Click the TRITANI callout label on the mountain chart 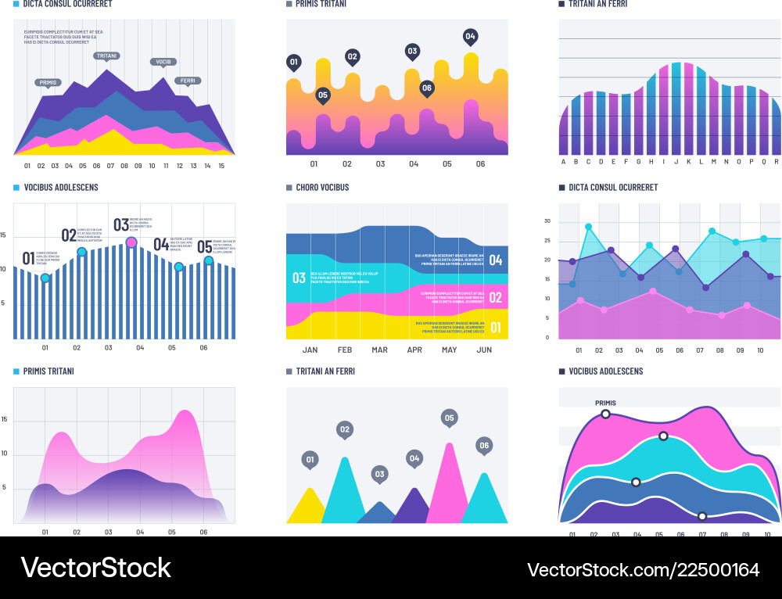[106, 56]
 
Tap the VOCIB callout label [163, 62]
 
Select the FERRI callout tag [188, 81]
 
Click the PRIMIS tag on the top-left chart [48, 82]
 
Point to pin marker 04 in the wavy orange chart [470, 36]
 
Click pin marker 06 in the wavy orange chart [427, 88]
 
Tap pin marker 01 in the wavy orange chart [293, 62]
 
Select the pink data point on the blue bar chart [131, 242]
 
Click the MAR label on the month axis [379, 350]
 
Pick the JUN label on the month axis [484, 350]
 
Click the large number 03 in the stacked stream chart [299, 278]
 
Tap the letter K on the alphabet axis [688, 162]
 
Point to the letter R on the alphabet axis [776, 162]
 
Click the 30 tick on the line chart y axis [547, 221]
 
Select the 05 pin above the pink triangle [449, 418]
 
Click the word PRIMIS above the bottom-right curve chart [605, 404]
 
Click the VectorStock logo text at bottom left [95, 568]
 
